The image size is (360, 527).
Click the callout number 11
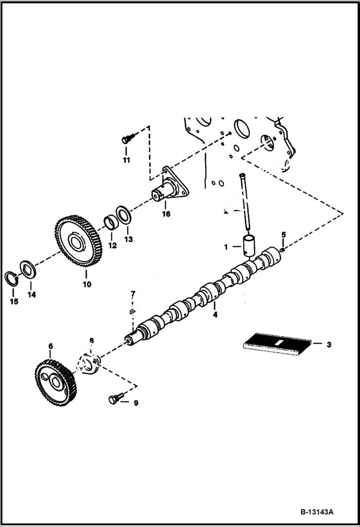click(x=126, y=160)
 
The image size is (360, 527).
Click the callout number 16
click(x=166, y=214)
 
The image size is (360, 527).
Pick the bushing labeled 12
click(x=112, y=224)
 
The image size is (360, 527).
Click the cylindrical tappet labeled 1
click(x=250, y=247)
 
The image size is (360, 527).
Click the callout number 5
click(x=284, y=234)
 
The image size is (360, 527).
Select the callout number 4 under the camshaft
click(x=215, y=315)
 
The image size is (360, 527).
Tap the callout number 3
click(x=329, y=344)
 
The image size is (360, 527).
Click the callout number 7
click(x=133, y=294)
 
